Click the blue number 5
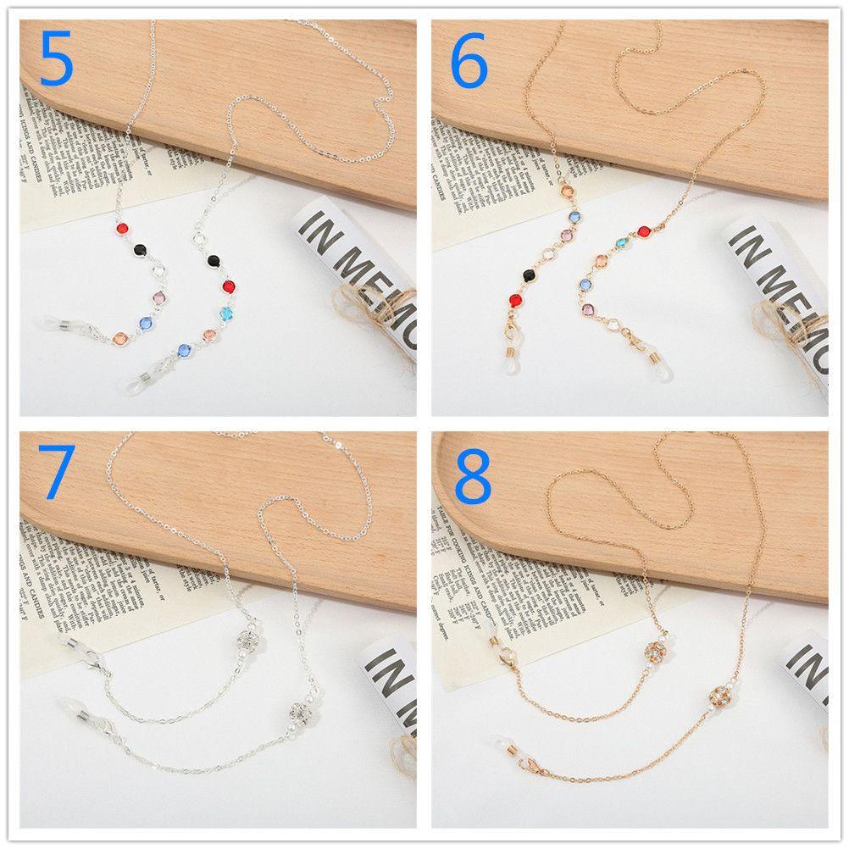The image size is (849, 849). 56,57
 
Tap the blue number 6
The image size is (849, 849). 469,57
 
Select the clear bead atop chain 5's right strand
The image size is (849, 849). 200,241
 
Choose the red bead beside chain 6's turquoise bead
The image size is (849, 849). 643,230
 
